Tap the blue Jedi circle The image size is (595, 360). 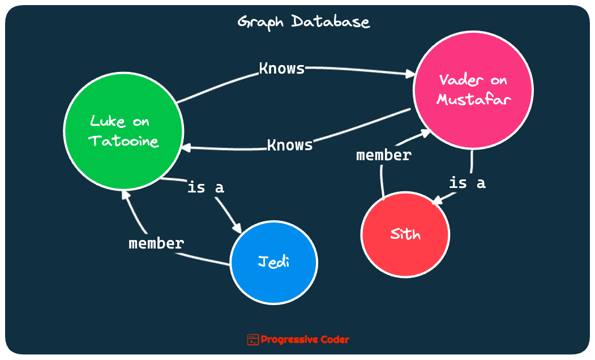click(274, 262)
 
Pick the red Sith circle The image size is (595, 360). click(405, 234)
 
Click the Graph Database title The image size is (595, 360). click(303, 23)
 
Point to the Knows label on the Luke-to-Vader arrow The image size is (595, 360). click(282, 68)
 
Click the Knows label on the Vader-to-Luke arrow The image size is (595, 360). click(290, 145)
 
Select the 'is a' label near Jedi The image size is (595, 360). click(206, 187)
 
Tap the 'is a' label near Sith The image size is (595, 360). click(467, 183)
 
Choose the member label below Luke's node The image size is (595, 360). click(156, 243)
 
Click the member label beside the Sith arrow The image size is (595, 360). click(384, 155)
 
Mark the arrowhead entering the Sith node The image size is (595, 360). click(436, 201)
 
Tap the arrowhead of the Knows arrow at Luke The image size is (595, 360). click(186, 148)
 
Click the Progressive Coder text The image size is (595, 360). click(305, 340)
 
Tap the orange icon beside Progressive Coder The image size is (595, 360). click(252, 340)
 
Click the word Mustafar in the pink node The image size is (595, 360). click(474, 100)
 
